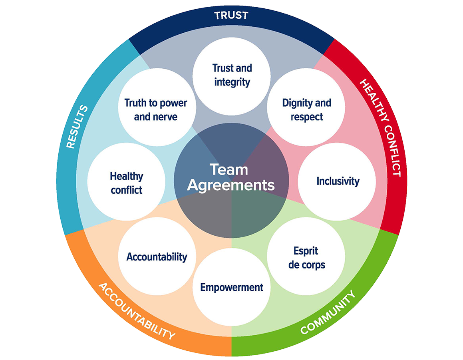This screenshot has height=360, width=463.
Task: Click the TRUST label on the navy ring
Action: pyautogui.click(x=231, y=16)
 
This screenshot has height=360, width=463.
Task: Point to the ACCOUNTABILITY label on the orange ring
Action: pyautogui.click(x=136, y=311)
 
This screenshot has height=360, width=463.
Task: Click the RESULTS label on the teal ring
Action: pyautogui.click(x=77, y=127)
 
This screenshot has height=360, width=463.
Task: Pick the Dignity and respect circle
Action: pyautogui.click(x=306, y=110)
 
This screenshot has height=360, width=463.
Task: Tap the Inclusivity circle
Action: pyautogui.click(x=338, y=181)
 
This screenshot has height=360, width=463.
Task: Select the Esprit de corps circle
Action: pyautogui.click(x=306, y=258)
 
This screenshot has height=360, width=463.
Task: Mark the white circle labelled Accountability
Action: pyautogui.click(x=157, y=257)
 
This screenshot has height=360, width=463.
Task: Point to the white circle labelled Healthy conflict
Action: pyautogui.click(x=126, y=183)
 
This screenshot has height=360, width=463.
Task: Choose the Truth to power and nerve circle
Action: pyautogui.click(x=156, y=110)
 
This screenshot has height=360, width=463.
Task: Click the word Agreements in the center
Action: pyautogui.click(x=231, y=185)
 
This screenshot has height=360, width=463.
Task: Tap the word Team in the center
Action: pyautogui.click(x=229, y=170)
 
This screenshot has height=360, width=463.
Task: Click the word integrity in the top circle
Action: pyautogui.click(x=232, y=82)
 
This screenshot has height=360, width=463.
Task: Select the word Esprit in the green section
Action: pyautogui.click(x=306, y=251)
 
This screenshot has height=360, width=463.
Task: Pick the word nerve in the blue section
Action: pyautogui.click(x=167, y=117)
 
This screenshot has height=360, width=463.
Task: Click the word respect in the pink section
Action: pyautogui.click(x=306, y=117)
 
